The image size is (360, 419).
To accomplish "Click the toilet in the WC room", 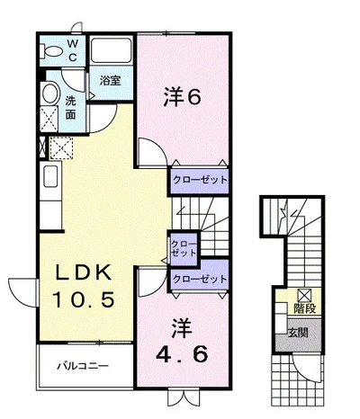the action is coord(51,51).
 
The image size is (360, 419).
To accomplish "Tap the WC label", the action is coord(73,50).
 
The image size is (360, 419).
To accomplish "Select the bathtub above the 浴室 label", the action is coord(112,50).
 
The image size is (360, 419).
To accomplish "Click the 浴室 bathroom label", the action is coord(111,80).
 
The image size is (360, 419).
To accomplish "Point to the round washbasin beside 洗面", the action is coord(49,94).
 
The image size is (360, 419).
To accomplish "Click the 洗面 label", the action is coord(70,108).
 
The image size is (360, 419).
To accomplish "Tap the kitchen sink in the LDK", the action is coord(50,176).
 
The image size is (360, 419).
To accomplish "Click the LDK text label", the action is coord(84,272).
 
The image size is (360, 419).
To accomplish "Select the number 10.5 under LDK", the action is coord(84,299).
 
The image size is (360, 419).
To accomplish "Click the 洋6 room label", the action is coord(182,97).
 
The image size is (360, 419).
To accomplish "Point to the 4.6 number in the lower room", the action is coord(182,353).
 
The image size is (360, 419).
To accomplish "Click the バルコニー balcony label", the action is coord(83,366).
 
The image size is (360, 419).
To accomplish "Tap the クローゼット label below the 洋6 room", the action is coord(200,180).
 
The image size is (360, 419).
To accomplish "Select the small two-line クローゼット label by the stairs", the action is coord(184,248).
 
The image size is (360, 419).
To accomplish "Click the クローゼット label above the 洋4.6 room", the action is coord(200,279).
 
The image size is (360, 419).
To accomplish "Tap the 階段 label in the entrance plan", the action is coord(304,308).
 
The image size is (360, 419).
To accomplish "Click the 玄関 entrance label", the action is coord(298,333).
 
